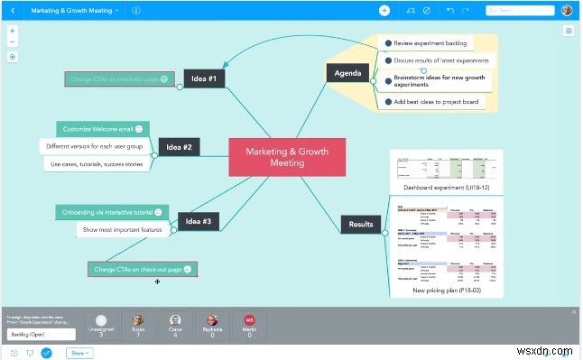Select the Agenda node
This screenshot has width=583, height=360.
click(x=347, y=73)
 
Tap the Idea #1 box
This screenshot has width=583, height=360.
click(x=204, y=78)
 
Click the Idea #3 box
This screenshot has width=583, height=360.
click(x=198, y=221)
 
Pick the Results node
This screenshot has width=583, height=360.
click(x=361, y=224)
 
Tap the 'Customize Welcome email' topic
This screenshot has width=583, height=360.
click(x=95, y=129)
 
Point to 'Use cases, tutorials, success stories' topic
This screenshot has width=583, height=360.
click(x=95, y=163)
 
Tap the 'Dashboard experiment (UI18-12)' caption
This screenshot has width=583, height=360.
click(x=446, y=188)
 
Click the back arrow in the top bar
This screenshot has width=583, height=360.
click(x=13, y=10)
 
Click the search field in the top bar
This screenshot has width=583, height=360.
click(x=520, y=11)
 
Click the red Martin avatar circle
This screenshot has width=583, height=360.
click(x=248, y=320)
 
